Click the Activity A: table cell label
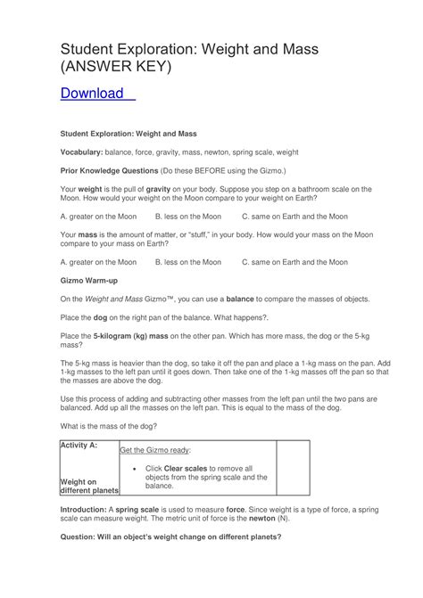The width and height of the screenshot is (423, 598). (78, 444)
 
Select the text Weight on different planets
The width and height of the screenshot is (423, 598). (88, 487)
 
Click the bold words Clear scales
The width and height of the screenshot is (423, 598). (187, 468)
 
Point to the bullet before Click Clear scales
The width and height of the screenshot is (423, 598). (133, 468)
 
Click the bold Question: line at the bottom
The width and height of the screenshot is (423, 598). (170, 537)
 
